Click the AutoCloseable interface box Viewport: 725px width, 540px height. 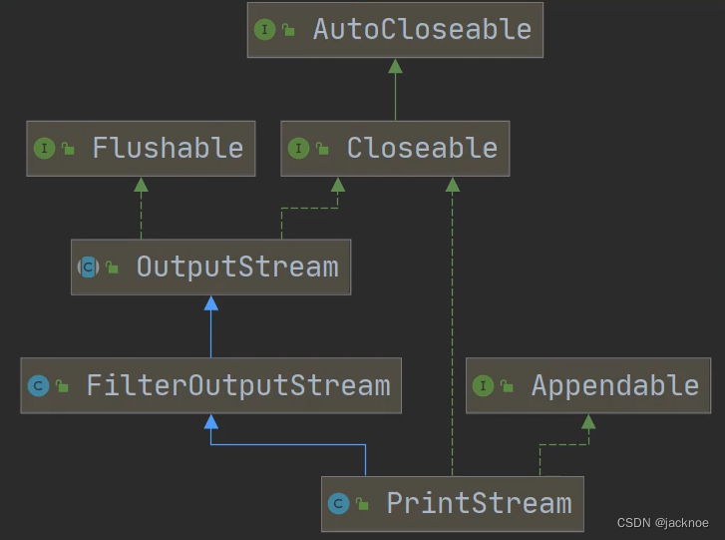pos(395,30)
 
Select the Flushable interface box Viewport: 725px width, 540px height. pos(141,149)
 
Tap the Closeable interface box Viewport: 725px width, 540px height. pos(395,149)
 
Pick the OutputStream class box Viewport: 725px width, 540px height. pos(210,268)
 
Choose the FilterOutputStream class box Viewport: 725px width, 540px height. pos(210,385)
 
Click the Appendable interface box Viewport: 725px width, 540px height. pos(588,385)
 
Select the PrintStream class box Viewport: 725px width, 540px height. pos(452,503)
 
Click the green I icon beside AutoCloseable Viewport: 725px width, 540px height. pos(265,30)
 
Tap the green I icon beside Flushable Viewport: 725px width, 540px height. pos(44,149)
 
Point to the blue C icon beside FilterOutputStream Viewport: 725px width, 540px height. pos(39,386)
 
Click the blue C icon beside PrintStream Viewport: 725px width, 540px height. pos(339,504)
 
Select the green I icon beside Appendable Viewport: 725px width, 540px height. pos(484,386)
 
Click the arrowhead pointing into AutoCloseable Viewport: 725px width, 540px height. pos(395,66)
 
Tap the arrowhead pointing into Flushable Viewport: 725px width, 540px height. pos(141,185)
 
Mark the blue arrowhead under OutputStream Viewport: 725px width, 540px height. pos(210,303)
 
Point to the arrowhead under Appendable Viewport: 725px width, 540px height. pos(588,421)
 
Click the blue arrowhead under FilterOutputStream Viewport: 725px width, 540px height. pos(210,421)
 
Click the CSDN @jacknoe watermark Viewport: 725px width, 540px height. pos(662,523)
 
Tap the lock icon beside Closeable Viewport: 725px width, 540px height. pos(322,150)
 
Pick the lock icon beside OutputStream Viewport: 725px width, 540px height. pos(112,268)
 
